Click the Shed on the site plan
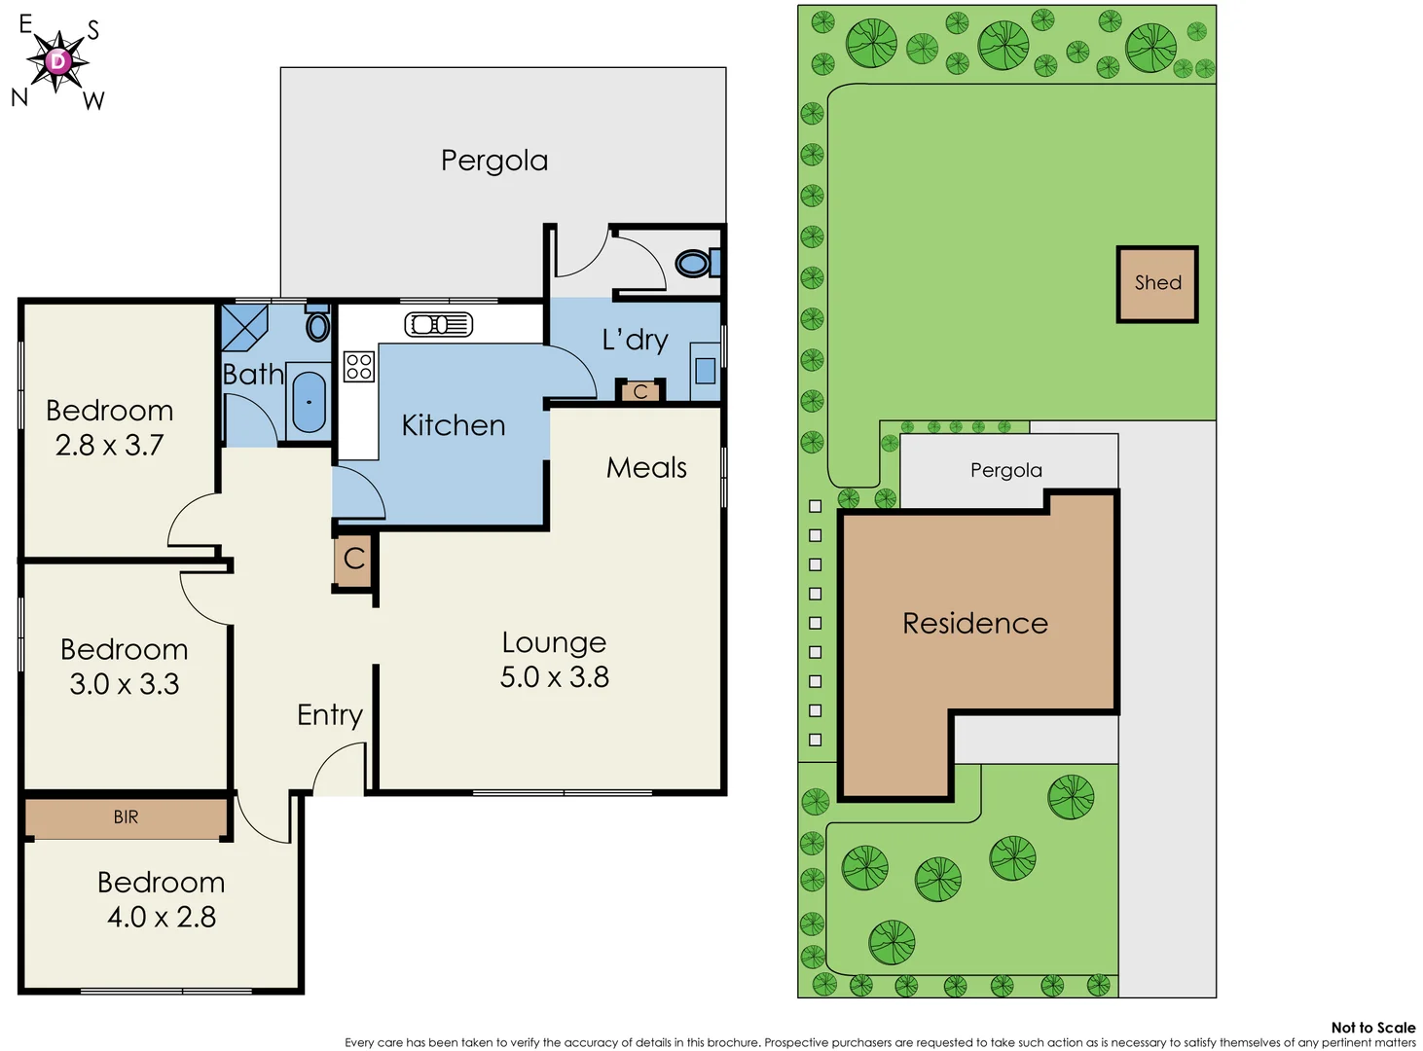1156,283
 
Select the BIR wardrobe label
126,817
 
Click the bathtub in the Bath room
309,402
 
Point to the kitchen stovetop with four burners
358,366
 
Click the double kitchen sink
439,324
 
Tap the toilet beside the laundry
694,263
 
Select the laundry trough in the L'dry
705,370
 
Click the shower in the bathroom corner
242,327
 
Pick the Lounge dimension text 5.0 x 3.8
554,677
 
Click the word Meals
646,468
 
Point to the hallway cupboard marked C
354,559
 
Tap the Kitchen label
454,425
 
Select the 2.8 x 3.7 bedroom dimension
109,446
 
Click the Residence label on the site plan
975,623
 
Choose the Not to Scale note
1372,1027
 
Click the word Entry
329,715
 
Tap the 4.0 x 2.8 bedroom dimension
162,917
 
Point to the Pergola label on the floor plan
494,161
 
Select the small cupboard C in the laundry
640,391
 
